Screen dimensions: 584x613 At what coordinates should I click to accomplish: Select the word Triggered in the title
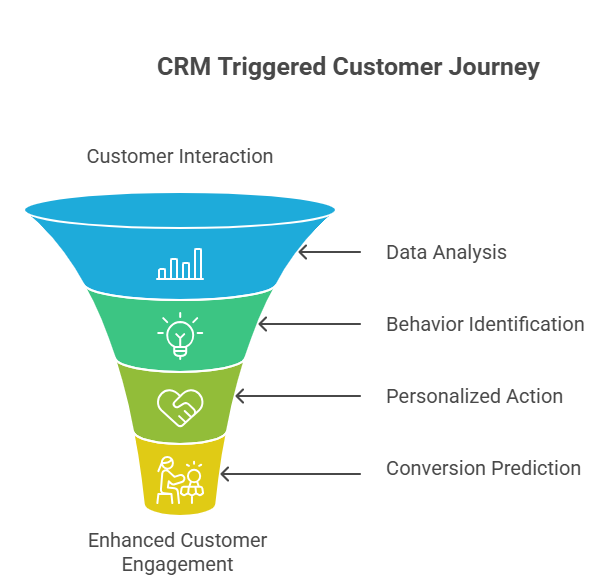(x=269, y=68)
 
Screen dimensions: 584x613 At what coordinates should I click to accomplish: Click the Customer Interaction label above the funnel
(x=180, y=156)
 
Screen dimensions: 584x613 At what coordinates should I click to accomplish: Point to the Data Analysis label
(x=446, y=252)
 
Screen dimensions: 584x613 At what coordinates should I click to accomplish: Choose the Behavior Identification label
(x=485, y=324)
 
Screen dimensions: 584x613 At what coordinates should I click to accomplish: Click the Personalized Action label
(x=474, y=396)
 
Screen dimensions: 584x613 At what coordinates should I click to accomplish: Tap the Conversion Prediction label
(x=483, y=468)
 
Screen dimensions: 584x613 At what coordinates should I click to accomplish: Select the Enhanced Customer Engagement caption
(x=178, y=552)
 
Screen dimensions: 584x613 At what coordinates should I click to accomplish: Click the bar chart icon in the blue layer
(x=180, y=265)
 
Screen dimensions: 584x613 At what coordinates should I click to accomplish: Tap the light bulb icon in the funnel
(x=180, y=336)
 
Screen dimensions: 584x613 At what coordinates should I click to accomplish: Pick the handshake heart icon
(x=180, y=405)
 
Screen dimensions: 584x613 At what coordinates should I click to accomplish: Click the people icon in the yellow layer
(x=180, y=479)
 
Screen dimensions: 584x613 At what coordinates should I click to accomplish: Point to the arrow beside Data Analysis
(x=330, y=252)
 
